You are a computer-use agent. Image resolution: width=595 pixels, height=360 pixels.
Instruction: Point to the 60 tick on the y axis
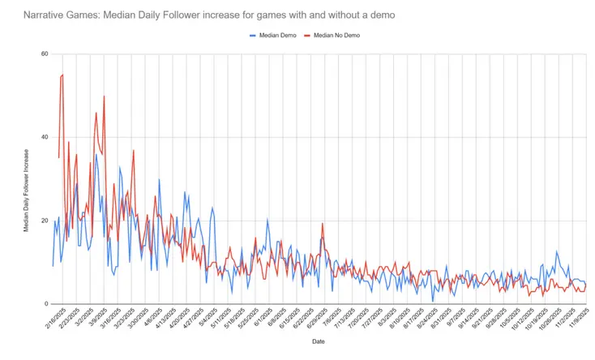pyautogui.click(x=45, y=54)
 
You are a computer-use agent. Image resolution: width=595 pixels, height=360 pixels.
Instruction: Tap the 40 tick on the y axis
pyautogui.click(x=45, y=138)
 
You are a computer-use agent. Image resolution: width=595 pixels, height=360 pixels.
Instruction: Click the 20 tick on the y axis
pyautogui.click(x=45, y=221)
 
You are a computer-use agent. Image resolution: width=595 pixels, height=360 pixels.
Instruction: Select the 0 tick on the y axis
pyautogui.click(x=46, y=304)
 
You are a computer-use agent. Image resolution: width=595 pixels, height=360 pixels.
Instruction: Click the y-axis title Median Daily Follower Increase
pyautogui.click(x=26, y=179)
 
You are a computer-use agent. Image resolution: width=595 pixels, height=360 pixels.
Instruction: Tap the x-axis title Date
pyautogui.click(x=319, y=341)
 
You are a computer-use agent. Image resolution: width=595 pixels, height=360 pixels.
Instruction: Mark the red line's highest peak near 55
pyautogui.click(x=62, y=75)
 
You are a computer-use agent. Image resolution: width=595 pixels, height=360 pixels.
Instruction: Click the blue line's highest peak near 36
pyautogui.click(x=96, y=154)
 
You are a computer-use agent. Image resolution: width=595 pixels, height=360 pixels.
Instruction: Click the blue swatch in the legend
pyautogui.click(x=252, y=36)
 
